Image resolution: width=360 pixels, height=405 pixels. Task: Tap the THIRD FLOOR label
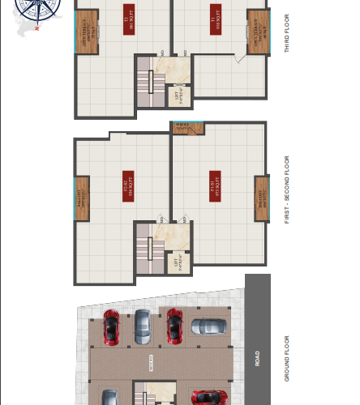pos(286,33)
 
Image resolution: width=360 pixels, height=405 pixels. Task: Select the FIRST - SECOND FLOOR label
pos(286,190)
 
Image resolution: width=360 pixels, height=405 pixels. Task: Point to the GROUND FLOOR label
pos(286,358)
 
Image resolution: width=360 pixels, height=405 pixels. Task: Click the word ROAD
pos(257,357)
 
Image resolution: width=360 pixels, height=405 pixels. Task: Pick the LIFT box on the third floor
pos(178,96)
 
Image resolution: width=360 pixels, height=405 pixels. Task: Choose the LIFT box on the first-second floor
pos(178,262)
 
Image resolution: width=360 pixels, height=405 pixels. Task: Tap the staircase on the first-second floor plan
pos(145,247)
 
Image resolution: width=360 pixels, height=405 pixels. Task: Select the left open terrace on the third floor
pos(87,32)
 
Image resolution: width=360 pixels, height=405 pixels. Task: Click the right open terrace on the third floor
pos(257,32)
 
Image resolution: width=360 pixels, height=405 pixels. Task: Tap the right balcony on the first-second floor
pos(261,198)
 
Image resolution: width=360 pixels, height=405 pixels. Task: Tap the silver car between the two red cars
pos(142,325)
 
